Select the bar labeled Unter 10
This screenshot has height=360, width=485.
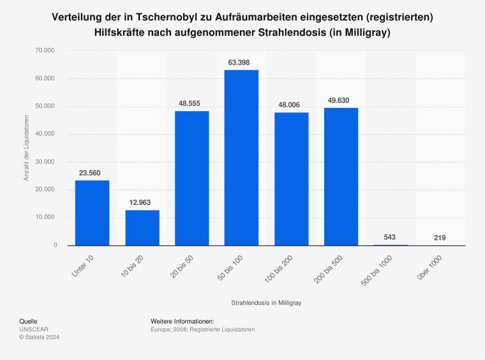[x=92, y=213]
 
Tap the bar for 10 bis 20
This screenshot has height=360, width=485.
[x=142, y=227]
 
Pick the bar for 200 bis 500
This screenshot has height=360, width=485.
[x=341, y=177]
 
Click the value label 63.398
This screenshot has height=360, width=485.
[x=241, y=62]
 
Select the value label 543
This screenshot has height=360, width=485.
[x=391, y=237]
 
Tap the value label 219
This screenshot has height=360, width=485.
[x=440, y=237]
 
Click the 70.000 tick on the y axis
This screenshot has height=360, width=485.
[x=47, y=50]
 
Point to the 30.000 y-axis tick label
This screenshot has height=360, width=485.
[x=47, y=161]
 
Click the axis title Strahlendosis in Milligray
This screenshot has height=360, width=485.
[x=266, y=303]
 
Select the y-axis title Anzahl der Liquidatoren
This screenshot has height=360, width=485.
[x=26, y=147]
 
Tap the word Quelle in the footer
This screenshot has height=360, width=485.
[x=29, y=320]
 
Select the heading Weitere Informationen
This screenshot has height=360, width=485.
[x=182, y=320]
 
